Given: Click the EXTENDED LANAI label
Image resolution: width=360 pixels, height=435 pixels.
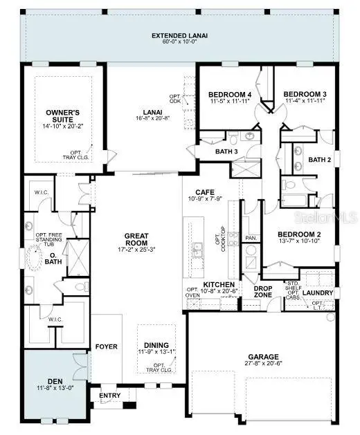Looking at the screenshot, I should coord(179,35).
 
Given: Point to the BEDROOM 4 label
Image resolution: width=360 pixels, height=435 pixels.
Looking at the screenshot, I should coord(229,95).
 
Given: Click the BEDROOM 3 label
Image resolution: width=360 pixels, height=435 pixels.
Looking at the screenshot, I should coord(305,95).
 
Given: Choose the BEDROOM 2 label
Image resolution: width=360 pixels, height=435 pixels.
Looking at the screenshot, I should coord(299,235).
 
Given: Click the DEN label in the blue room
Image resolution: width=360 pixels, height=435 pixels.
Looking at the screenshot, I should coord(55,380).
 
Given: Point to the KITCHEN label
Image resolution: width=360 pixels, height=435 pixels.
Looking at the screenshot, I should coord(218,285).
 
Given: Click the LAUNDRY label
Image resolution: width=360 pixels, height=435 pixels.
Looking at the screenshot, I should coord(318,293).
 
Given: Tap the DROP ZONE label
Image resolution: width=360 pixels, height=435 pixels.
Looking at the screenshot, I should coord(262,291).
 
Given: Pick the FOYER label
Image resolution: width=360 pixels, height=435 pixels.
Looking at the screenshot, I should coord(106,346).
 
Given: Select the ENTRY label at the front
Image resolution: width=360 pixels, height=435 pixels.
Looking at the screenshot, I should coord(110,396).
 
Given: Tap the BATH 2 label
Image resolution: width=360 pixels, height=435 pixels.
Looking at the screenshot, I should coord(319,160).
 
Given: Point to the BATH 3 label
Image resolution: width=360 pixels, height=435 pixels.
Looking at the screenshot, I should coord(226,151).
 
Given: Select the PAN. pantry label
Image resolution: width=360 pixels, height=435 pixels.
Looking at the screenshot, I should coord(251,237).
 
